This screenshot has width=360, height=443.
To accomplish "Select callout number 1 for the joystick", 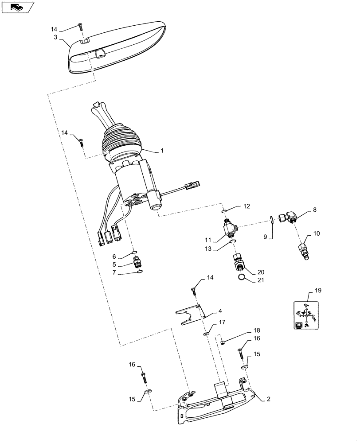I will point(162,151).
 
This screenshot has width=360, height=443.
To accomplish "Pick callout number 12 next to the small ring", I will point(247,206).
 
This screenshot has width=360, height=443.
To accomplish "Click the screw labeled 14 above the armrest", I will point(80,27).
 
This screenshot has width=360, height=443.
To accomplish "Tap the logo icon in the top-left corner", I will point(18,7).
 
